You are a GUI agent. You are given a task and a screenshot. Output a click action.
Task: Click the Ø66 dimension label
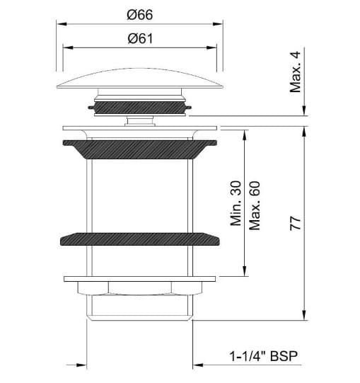(x=141, y=15)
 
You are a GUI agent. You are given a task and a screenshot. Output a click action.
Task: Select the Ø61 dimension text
(x=141, y=39)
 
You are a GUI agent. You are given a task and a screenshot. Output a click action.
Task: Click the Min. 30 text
(x=237, y=202)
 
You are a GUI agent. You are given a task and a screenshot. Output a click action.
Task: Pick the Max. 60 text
(x=255, y=202)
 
